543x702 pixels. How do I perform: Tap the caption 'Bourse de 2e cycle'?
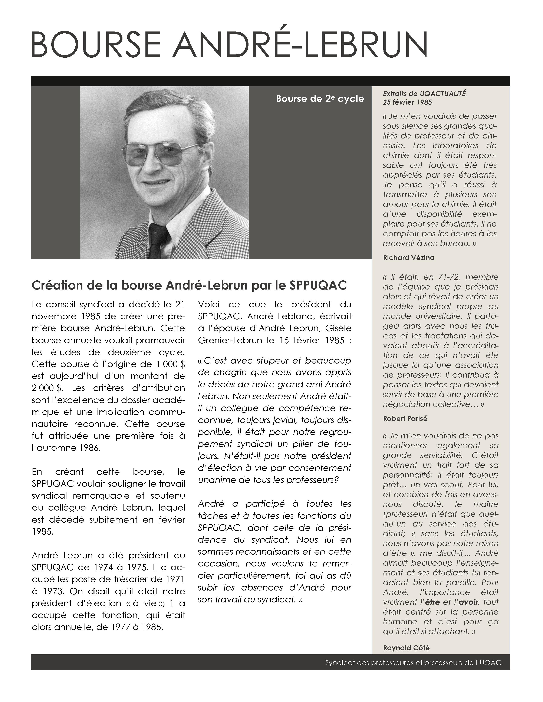pyautogui.click(x=320, y=99)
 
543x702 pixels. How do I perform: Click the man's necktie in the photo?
pyautogui.click(x=158, y=241)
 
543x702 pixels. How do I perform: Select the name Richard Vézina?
pyautogui.click(x=409, y=258)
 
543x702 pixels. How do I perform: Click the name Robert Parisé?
pyautogui.click(x=405, y=418)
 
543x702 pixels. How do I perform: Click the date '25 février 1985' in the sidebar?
pyautogui.click(x=407, y=102)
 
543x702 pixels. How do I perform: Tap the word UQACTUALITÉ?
pyautogui.click(x=443, y=94)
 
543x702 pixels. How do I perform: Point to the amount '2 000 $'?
pyautogui.click(x=46, y=388)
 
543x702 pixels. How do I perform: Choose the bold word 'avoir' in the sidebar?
pyautogui.click(x=469, y=602)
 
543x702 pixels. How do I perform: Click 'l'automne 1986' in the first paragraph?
pyautogui.click(x=66, y=448)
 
